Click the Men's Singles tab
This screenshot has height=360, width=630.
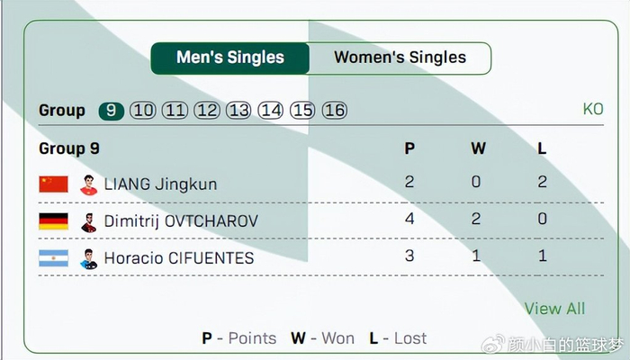(230, 58)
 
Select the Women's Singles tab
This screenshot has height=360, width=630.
(400, 58)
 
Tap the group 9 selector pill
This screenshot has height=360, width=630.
(112, 111)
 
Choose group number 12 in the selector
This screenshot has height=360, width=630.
(207, 111)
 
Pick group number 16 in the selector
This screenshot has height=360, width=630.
(334, 111)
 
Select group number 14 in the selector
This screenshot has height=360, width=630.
(271, 111)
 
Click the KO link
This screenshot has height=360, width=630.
(592, 110)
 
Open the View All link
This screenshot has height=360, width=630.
(554, 309)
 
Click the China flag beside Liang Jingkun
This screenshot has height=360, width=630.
(53, 184)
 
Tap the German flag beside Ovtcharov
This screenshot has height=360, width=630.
(53, 221)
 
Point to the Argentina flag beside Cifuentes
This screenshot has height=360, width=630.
(53, 258)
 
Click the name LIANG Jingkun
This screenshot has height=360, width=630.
(160, 184)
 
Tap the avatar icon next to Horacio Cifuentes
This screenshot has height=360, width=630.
(88, 258)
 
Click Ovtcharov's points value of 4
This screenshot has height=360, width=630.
(409, 219)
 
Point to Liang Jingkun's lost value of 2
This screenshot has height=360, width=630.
(542, 182)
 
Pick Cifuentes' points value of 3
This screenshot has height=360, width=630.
(409, 256)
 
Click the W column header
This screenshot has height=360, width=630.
(477, 148)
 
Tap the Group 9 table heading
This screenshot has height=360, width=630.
(69, 148)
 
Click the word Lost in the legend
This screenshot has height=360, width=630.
(409, 338)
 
